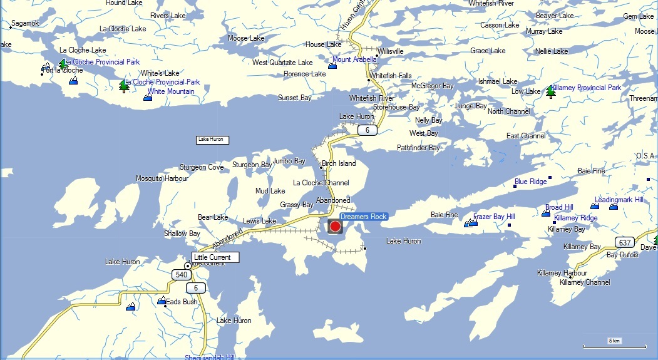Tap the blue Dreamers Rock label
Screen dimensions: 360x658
click(364, 217)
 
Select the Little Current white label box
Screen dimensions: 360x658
click(215, 257)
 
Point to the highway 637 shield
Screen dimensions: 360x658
click(624, 242)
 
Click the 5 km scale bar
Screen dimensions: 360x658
click(614, 344)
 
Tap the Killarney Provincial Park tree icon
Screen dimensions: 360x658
click(551, 92)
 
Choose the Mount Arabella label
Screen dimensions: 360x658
click(354, 60)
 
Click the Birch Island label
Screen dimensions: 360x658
click(338, 163)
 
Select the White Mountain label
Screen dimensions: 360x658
click(171, 91)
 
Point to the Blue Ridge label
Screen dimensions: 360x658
click(530, 182)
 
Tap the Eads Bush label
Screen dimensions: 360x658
click(182, 302)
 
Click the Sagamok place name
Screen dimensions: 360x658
click(25, 23)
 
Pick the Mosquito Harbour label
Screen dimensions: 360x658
click(162, 178)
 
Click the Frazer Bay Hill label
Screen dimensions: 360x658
click(494, 217)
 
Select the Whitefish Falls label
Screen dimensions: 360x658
click(391, 76)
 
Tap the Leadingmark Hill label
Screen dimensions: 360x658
click(619, 200)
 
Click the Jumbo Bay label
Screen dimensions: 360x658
click(289, 161)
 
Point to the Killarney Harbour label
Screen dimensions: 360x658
click(562, 273)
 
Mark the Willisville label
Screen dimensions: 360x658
click(391, 51)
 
